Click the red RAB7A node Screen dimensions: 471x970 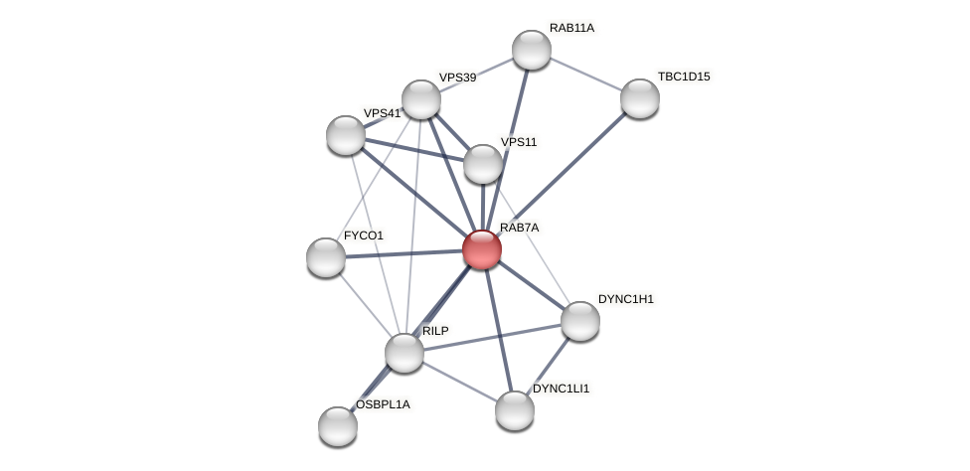482,249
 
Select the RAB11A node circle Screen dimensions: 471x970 532,50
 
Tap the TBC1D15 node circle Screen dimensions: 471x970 640,98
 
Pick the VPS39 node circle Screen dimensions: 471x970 421,99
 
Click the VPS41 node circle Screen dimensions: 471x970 346,135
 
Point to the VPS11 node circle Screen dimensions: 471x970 483,164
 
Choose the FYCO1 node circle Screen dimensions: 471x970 326,257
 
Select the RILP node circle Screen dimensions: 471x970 404,353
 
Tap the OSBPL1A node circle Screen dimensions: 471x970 338,426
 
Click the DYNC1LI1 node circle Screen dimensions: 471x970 515,410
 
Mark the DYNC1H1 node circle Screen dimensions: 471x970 580,321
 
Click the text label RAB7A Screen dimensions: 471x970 519,229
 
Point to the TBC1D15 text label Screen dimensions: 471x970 684,77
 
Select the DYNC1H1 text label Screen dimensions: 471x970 626,299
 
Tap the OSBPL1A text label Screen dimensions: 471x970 383,404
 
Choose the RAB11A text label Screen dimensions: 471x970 571,28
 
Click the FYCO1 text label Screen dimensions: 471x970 363,235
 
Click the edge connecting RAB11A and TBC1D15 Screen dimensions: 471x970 586,75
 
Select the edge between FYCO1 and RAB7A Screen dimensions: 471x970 404,253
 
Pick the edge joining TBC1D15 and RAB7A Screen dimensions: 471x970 562,174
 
